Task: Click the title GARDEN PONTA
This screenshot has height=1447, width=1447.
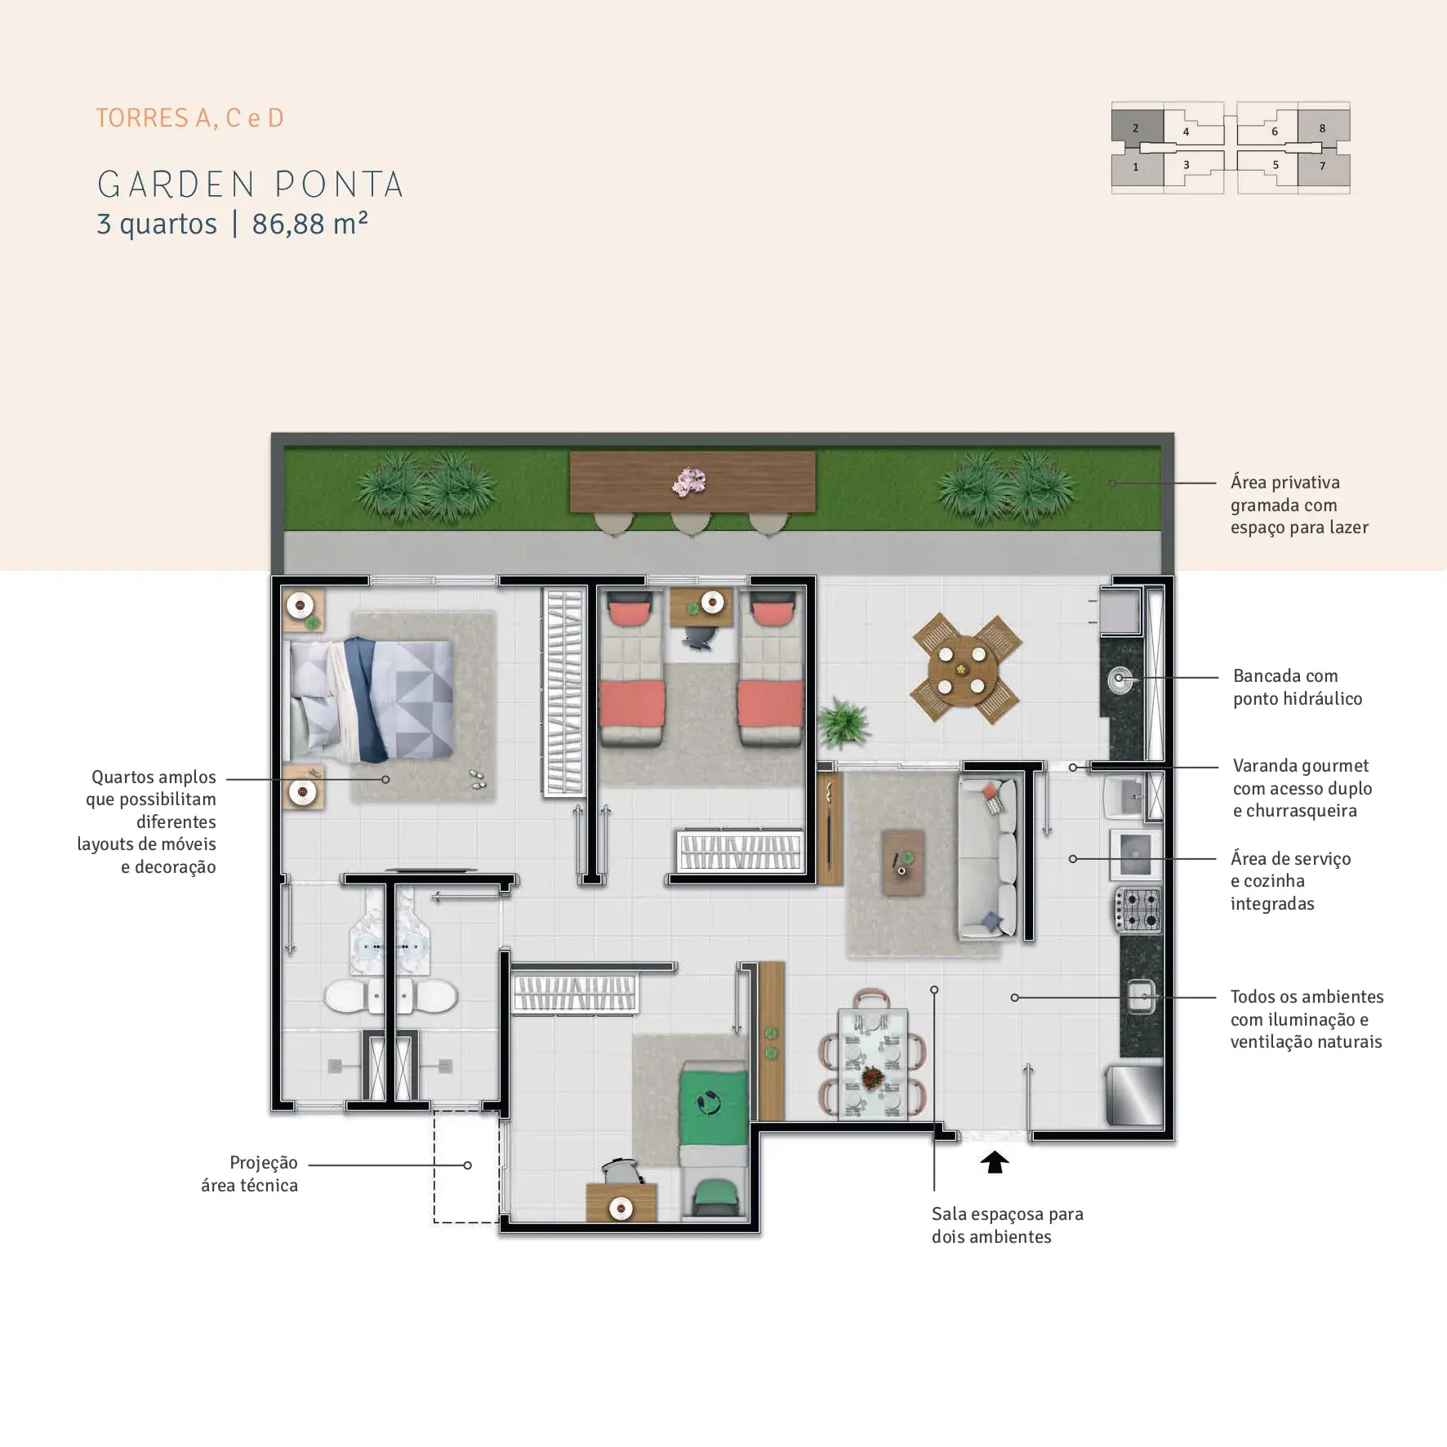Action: [251, 185]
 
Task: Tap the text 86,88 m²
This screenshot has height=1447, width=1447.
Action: [309, 223]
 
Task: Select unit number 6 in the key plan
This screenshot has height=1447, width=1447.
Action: [1274, 131]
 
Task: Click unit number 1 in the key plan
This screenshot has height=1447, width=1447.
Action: [1135, 167]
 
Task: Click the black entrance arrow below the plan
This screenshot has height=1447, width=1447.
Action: [994, 1162]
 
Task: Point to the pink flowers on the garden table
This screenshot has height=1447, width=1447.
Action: [689, 481]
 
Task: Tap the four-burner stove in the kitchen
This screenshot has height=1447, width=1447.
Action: [1138, 910]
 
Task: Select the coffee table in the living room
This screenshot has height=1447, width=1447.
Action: [904, 863]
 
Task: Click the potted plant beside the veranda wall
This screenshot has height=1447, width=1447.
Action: [842, 722]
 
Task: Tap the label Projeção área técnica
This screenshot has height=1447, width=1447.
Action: [249, 1173]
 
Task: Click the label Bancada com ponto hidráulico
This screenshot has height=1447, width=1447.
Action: [1298, 687]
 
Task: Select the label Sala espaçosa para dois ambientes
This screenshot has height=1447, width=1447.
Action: [1008, 1225]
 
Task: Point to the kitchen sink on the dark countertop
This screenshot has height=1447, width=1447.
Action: [1142, 996]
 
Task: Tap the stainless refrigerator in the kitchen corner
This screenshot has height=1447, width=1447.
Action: [1133, 1094]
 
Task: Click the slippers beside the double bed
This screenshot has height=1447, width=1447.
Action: [478, 779]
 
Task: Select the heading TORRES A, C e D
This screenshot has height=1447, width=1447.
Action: [189, 118]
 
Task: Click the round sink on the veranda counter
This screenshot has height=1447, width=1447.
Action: [1120, 678]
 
